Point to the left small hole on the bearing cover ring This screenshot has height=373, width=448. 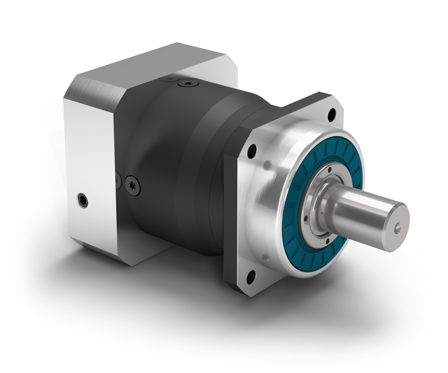tap(305, 218)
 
